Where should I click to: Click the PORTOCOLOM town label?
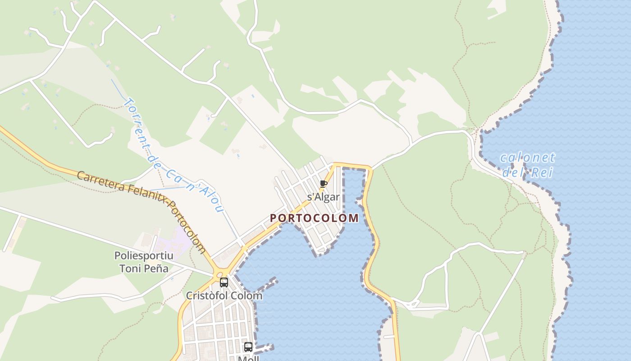[x=314, y=218]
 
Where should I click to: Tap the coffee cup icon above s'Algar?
[x=323, y=184]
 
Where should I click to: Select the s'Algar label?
[x=323, y=197]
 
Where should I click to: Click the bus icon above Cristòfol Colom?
[x=224, y=282]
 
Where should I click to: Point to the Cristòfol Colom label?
[x=224, y=296]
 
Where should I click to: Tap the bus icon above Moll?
[x=248, y=347]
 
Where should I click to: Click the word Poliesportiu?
[x=144, y=255]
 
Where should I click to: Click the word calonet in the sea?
[x=527, y=158]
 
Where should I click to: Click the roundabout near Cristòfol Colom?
[x=220, y=273]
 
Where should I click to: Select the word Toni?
[x=128, y=268]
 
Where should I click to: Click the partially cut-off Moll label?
[x=248, y=358]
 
